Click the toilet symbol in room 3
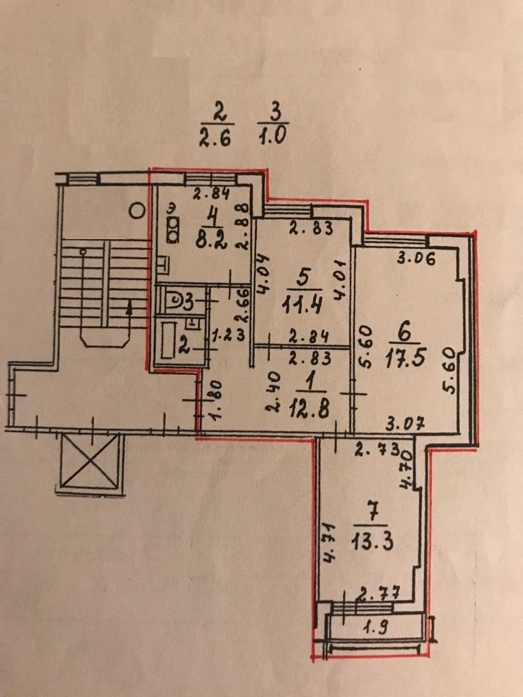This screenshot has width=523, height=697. [175, 300]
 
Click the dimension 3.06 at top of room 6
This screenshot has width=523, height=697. [416, 259]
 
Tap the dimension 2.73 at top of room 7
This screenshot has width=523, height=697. [378, 449]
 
